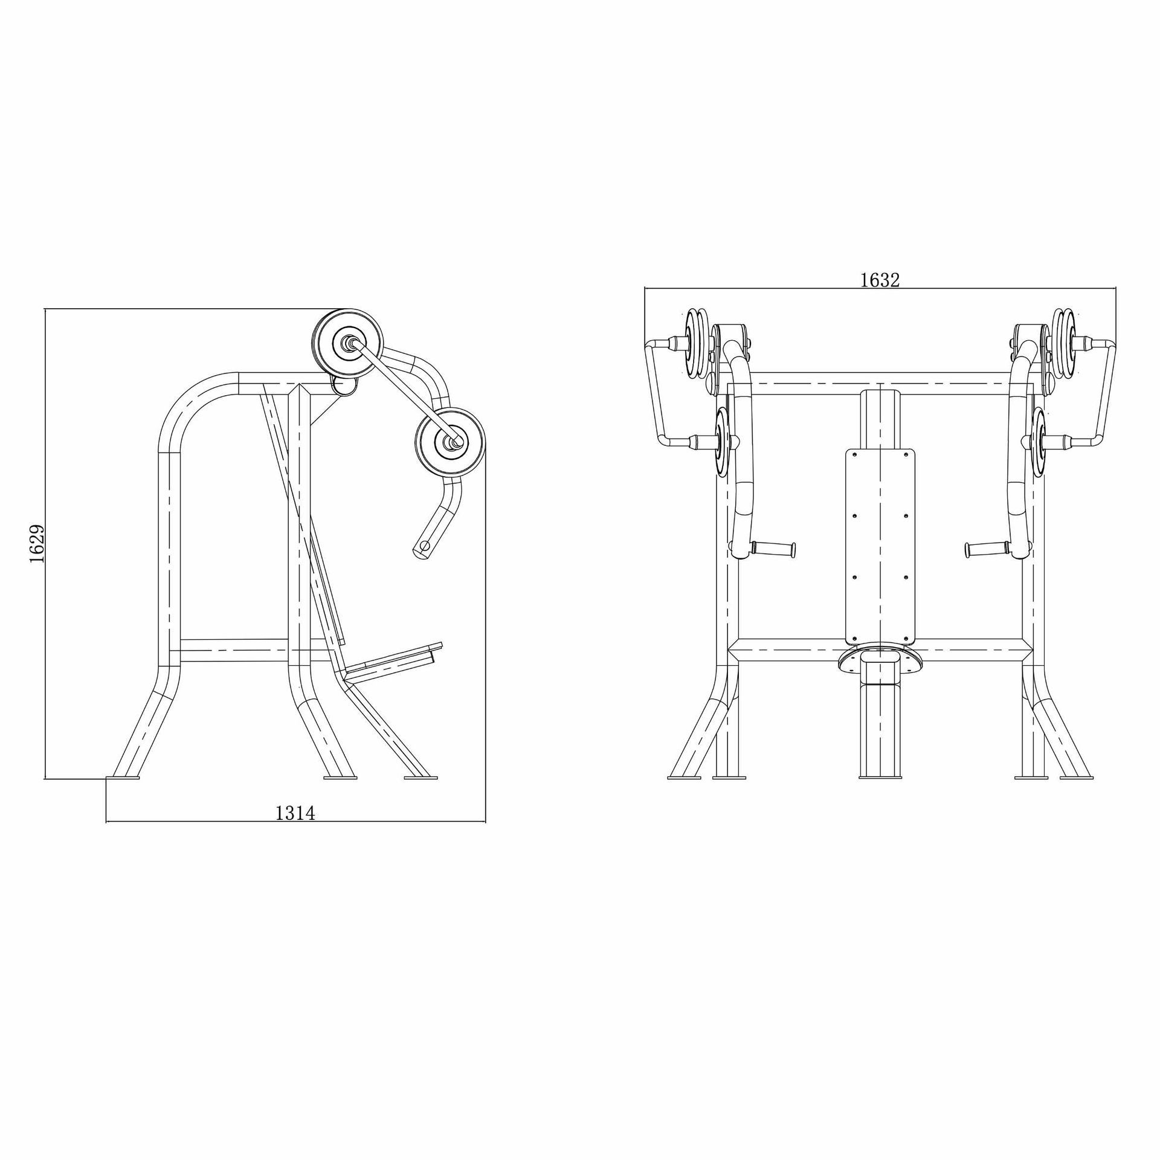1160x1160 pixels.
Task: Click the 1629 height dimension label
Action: [37, 543]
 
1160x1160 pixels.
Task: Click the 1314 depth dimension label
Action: [295, 813]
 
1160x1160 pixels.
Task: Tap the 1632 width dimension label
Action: [880, 280]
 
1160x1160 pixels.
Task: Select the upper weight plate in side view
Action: [348, 343]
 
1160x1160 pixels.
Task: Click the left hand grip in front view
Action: [774, 549]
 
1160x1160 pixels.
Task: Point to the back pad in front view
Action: [880, 547]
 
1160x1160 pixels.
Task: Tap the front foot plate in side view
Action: [420, 778]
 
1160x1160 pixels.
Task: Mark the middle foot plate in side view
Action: [340, 778]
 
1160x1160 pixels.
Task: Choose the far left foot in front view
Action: [684, 778]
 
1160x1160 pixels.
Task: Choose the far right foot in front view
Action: [1077, 778]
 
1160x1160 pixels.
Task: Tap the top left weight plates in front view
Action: [696, 343]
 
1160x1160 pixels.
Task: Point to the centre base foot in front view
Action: [880, 778]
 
